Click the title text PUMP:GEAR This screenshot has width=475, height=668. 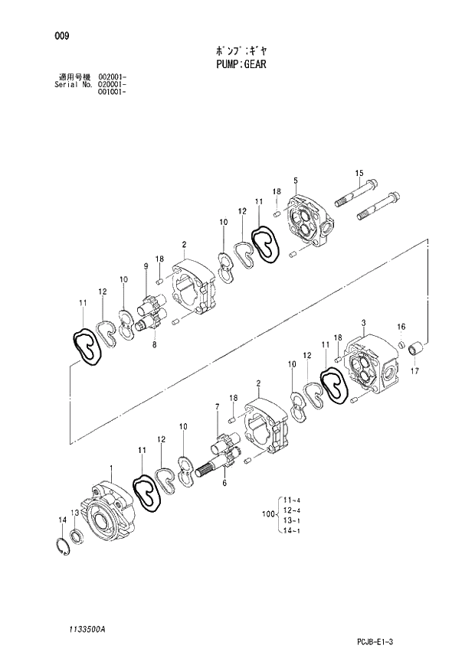[x=241, y=65]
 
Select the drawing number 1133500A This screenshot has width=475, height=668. [x=85, y=627]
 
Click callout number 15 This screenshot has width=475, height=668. [x=358, y=174]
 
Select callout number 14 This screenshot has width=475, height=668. [x=62, y=520]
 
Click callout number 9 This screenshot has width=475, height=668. [x=145, y=266]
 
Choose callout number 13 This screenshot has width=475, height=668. [x=74, y=512]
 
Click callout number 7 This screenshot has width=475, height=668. [x=218, y=406]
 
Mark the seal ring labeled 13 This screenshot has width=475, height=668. [x=77, y=534]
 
